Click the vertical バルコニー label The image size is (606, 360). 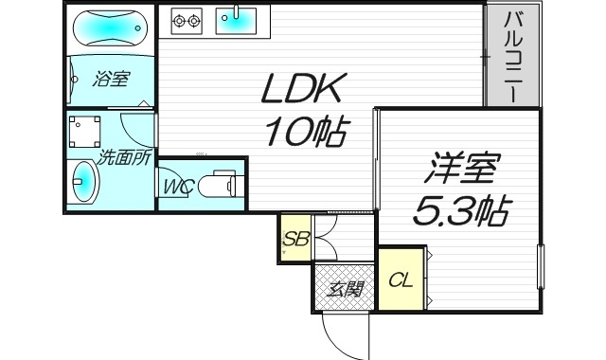(x=513, y=57)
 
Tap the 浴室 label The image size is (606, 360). (x=110, y=79)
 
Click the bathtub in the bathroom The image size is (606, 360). (x=108, y=29)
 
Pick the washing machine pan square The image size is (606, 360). (x=87, y=131)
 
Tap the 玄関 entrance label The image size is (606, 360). (x=345, y=289)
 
